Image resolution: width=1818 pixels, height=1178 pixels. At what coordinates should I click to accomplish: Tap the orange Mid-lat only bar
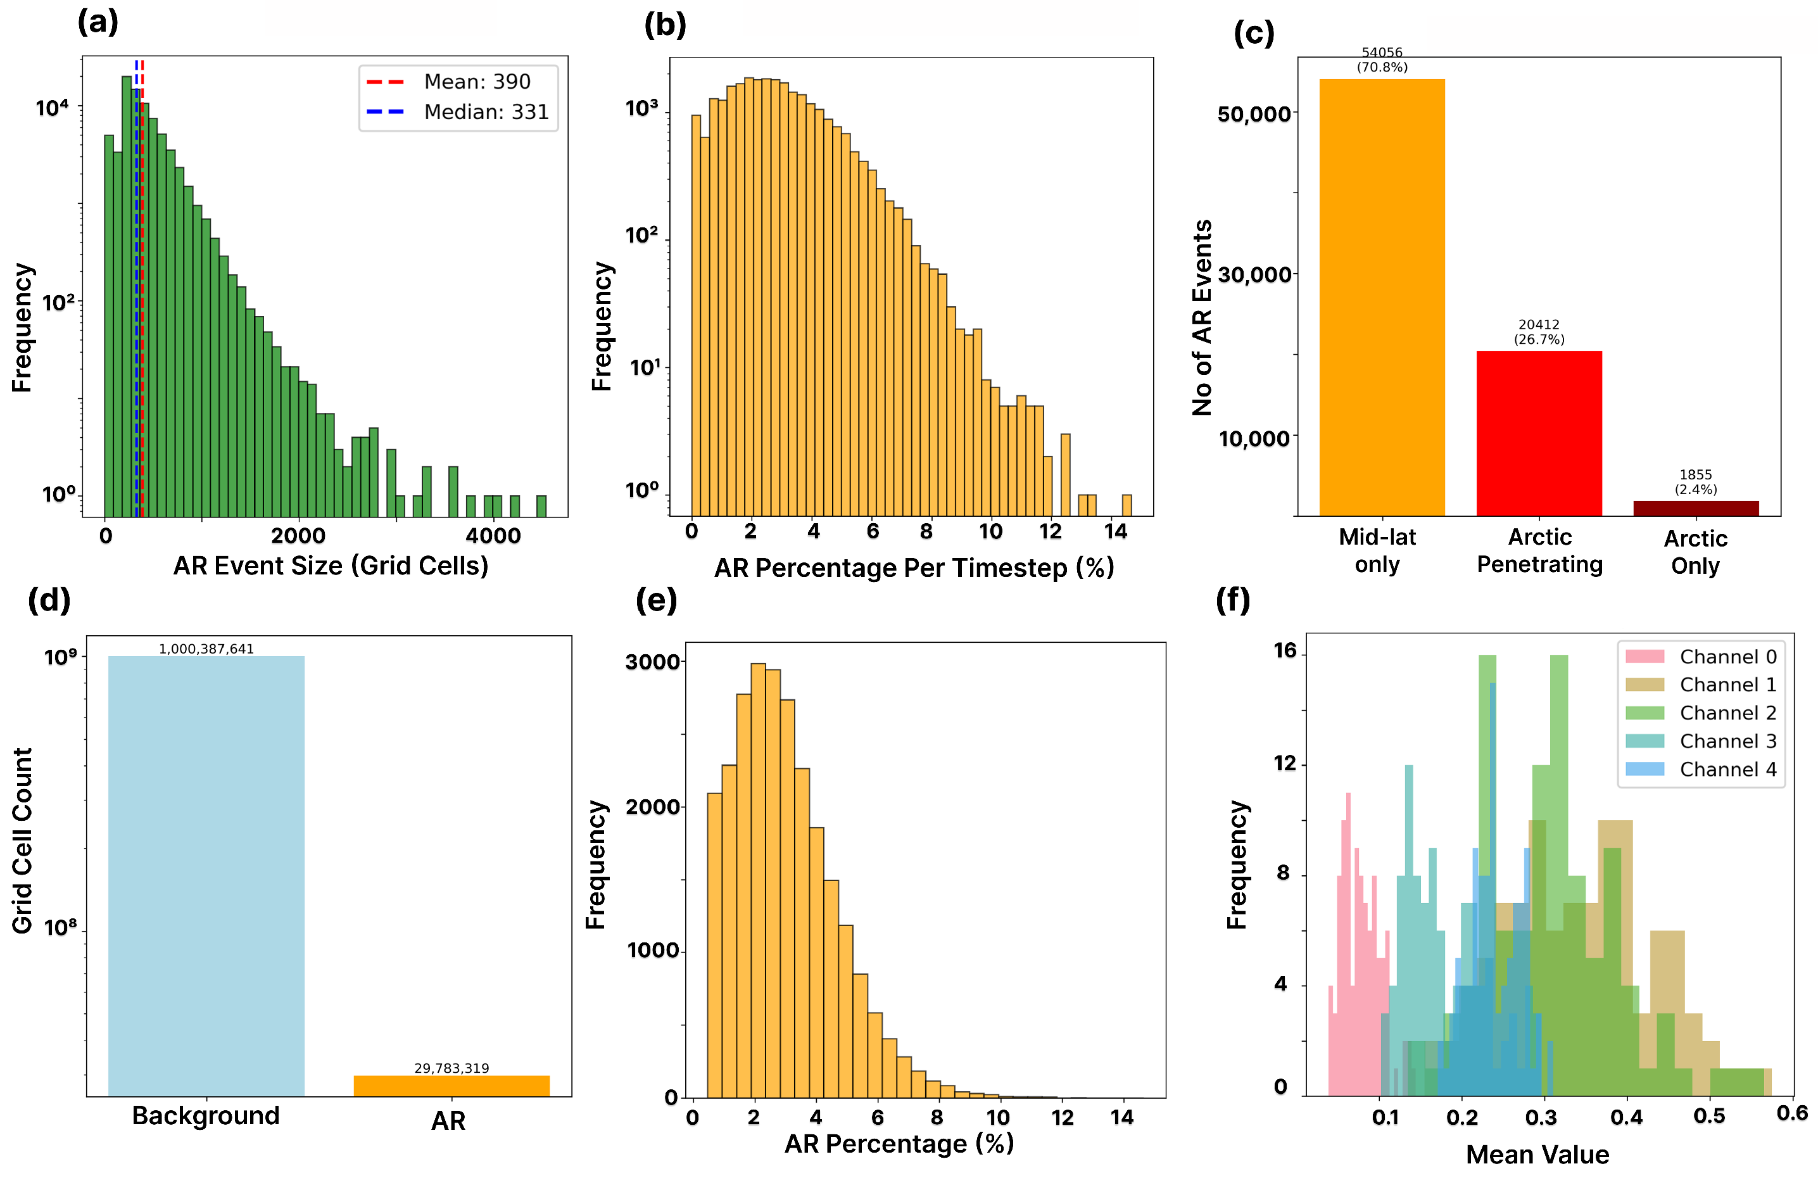coord(1381,297)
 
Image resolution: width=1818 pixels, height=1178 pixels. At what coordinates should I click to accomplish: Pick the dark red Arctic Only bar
coord(1695,508)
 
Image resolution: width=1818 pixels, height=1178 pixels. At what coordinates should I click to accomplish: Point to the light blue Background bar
coord(206,875)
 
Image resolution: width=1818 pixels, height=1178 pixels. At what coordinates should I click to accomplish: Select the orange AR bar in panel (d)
coord(451,1086)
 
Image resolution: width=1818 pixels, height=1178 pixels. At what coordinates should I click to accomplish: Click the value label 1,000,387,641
coord(206,649)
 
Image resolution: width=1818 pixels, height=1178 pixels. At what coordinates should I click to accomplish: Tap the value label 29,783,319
coord(451,1068)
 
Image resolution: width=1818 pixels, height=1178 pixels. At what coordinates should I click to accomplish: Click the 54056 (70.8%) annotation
coord(1382,60)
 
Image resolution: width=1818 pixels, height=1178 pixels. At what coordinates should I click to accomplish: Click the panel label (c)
coord(1254,34)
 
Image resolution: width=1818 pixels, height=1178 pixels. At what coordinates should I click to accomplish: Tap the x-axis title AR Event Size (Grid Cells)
coord(331,566)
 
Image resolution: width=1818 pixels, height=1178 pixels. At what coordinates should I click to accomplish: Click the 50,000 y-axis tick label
coord(1254,115)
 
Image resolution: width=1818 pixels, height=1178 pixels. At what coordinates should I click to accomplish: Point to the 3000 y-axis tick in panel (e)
coord(652,662)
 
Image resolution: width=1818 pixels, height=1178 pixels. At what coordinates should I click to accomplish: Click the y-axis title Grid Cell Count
coord(22,840)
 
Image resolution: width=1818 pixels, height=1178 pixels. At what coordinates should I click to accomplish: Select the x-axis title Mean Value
coord(1537,1155)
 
